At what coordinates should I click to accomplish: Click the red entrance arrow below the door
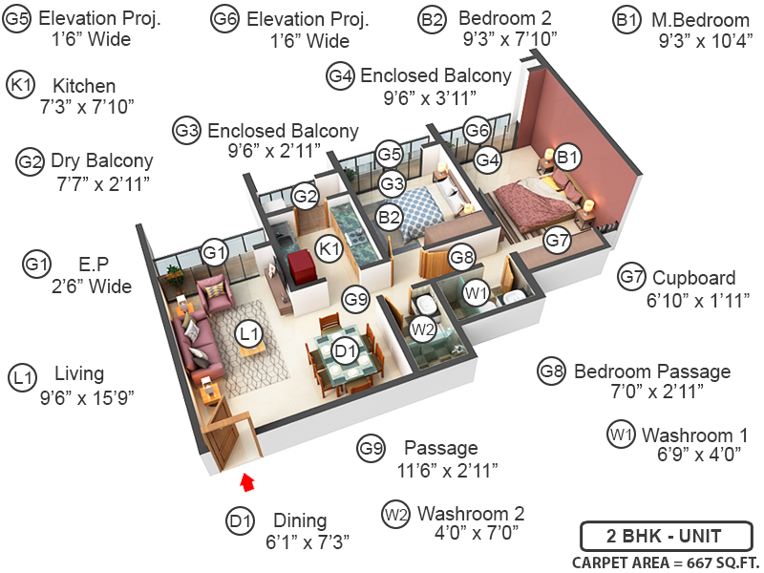click(247, 480)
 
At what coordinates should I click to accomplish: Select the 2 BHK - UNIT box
click(664, 535)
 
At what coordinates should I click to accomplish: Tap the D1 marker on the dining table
click(345, 351)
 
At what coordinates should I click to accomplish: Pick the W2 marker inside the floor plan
click(422, 329)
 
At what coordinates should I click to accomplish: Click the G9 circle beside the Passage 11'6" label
click(371, 447)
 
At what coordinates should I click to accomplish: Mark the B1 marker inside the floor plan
click(567, 156)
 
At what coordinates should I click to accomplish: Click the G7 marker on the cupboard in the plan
click(558, 241)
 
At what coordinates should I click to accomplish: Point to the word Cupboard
click(694, 278)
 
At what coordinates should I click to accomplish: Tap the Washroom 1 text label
click(694, 435)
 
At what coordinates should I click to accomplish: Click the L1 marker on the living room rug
click(249, 333)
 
